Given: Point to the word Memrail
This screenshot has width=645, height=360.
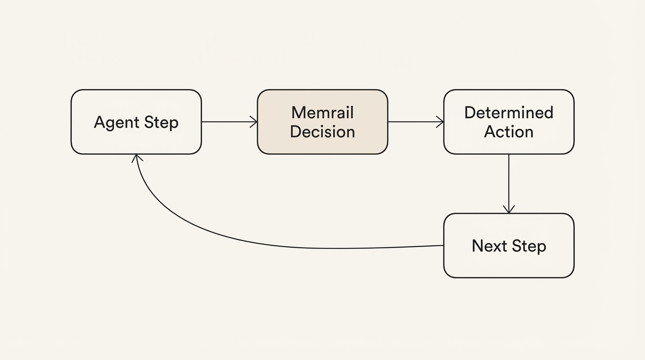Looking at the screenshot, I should [x=322, y=112].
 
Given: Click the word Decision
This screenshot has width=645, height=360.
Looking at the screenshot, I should [x=322, y=132].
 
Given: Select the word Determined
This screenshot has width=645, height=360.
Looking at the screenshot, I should [x=509, y=112].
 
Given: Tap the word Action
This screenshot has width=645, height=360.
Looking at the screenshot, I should [x=509, y=132].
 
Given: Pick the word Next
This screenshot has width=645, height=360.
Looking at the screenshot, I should [x=489, y=246].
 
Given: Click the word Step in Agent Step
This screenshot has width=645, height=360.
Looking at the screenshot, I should [x=161, y=123].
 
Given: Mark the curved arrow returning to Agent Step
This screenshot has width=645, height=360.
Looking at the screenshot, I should [x=281, y=245].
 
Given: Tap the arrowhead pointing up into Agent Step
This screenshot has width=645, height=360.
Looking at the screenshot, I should [x=137, y=158].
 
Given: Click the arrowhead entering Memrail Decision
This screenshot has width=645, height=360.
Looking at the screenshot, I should [x=254, y=122].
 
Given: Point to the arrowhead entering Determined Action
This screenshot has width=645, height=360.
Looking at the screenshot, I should [x=440, y=122].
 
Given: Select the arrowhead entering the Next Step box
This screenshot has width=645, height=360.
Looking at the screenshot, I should [x=509, y=209].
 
